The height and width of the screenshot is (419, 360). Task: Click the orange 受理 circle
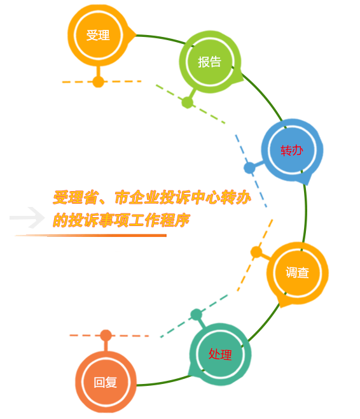(x=98, y=35)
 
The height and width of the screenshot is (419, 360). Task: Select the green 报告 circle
(x=210, y=62)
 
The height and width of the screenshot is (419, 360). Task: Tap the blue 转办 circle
(x=292, y=150)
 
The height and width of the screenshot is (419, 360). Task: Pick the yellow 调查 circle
(x=297, y=273)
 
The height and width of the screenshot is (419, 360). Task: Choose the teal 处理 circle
(x=220, y=354)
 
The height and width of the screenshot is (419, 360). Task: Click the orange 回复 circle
(x=106, y=382)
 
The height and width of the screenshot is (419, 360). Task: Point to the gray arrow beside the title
(x=27, y=218)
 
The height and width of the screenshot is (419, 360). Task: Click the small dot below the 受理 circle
(x=98, y=82)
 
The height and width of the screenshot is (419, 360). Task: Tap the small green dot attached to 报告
(x=188, y=103)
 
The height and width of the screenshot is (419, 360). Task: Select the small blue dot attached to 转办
(x=249, y=168)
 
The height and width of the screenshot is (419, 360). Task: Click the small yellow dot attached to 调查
(x=256, y=252)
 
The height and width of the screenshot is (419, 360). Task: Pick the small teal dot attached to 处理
(x=197, y=315)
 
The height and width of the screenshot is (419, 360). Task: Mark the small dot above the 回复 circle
(x=106, y=336)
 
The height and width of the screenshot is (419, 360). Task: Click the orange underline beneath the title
(x=91, y=236)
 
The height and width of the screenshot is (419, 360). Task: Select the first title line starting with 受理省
(x=151, y=198)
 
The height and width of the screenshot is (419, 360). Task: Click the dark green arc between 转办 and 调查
(x=305, y=211)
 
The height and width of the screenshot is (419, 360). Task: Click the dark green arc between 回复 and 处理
(x=164, y=382)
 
